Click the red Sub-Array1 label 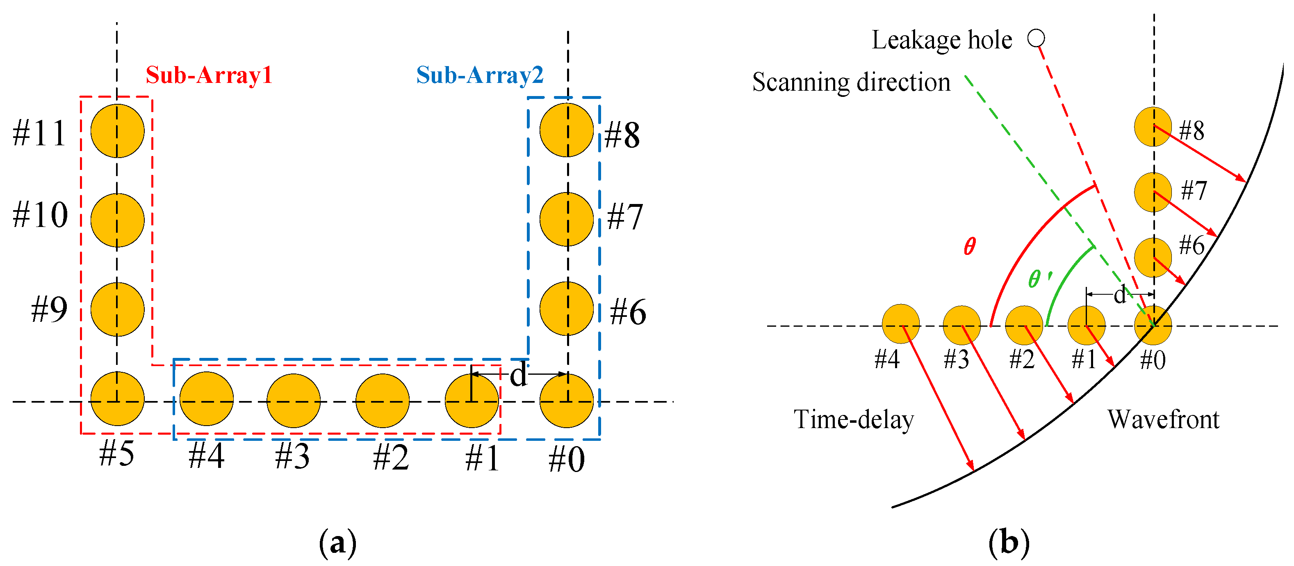[x=209, y=76]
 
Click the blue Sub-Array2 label [x=480, y=76]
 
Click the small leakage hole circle [x=1036, y=38]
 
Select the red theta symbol [x=970, y=246]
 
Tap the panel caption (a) [x=337, y=543]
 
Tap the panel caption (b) [x=1009, y=543]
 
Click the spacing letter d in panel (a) [x=518, y=375]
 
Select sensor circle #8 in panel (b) [x=1153, y=127]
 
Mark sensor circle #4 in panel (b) [x=901, y=324]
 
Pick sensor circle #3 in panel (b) [x=961, y=325]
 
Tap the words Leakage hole [x=941, y=40]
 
